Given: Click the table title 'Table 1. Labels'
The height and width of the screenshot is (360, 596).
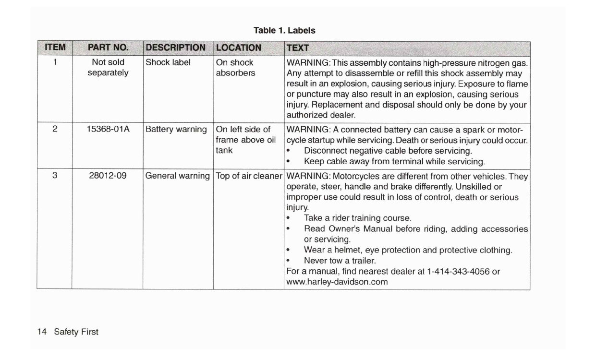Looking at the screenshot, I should (x=284, y=30).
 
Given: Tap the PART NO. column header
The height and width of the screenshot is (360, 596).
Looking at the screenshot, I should (x=108, y=48).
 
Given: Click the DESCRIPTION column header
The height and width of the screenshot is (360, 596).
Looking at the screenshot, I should (x=175, y=48).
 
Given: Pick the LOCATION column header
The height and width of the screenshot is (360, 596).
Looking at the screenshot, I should (x=239, y=48).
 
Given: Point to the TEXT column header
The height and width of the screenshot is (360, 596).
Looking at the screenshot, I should (x=298, y=48).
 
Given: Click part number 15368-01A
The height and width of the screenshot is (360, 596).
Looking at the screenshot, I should (x=108, y=130).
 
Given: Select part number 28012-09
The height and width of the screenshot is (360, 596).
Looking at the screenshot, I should (x=108, y=175).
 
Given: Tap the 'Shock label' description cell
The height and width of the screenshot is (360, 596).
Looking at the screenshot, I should (x=168, y=62).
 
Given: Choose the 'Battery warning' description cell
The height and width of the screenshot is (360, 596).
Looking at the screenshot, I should (x=176, y=130).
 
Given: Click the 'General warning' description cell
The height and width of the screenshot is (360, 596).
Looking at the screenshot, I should (x=178, y=175).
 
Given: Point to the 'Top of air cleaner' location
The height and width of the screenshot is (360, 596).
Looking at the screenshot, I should (x=249, y=175).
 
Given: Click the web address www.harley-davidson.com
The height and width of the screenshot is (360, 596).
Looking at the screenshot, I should (x=337, y=282).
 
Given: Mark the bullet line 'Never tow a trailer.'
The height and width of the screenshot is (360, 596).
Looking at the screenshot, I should (x=340, y=261).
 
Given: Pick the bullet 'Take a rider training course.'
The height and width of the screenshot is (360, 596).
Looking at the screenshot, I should (x=357, y=218).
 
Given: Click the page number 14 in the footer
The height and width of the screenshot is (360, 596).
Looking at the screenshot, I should (x=42, y=332).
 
